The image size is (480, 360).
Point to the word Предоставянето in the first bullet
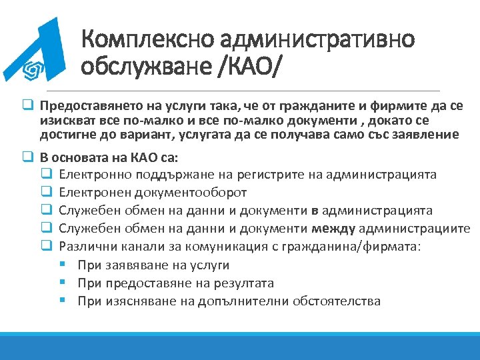(x=82, y=107)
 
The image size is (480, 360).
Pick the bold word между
(x=333, y=229)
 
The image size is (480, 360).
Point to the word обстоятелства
(x=339, y=301)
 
